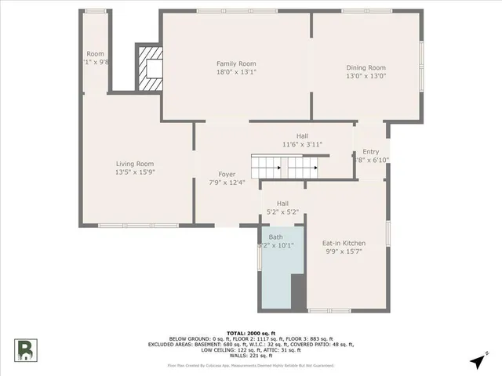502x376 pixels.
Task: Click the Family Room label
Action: [x=236, y=63]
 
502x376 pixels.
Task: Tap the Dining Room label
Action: [x=366, y=67]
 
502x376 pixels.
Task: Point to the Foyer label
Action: [x=227, y=174]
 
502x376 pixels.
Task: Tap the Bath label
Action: [x=275, y=237]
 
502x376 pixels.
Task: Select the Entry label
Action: [x=370, y=151]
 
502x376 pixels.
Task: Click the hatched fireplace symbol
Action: [x=151, y=69]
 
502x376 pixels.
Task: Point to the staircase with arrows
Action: [x=286, y=167]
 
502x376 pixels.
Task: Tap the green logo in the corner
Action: [x=25, y=350]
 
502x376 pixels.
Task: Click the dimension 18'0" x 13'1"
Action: [x=236, y=72]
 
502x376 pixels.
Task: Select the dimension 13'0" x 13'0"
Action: [x=366, y=76]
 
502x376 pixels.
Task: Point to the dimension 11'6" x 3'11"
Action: [x=302, y=144]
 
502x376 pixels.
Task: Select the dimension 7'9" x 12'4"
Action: [x=227, y=183]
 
